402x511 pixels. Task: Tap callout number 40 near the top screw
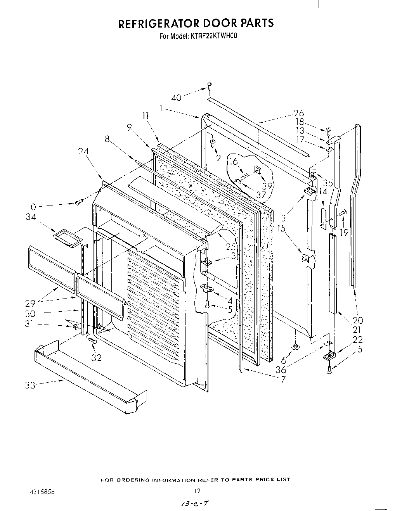point(176,98)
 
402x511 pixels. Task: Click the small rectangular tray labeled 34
point(68,238)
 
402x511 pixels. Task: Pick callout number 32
point(96,358)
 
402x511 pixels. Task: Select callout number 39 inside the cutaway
point(267,186)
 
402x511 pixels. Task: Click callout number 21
point(357,330)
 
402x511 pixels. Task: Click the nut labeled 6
point(295,346)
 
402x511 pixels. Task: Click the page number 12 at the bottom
point(197,491)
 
